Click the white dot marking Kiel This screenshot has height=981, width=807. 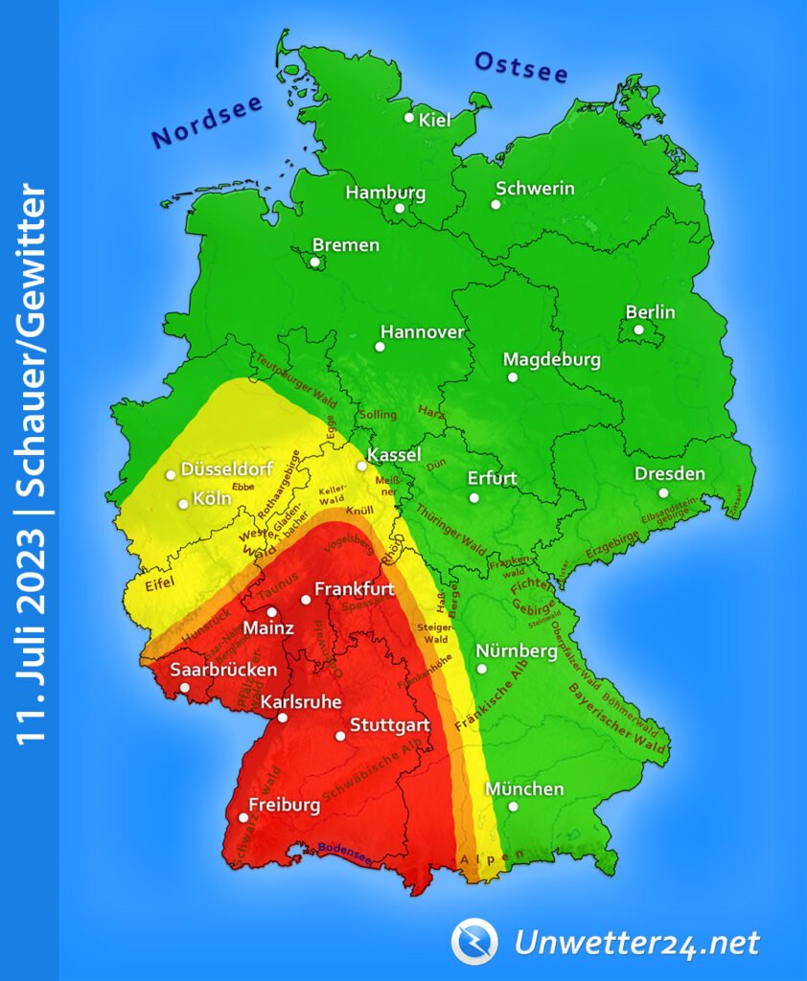(x=409, y=118)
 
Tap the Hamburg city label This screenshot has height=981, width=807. (x=385, y=193)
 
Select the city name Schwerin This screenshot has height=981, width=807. (x=535, y=188)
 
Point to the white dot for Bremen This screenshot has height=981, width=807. (x=315, y=262)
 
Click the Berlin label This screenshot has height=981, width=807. (x=650, y=312)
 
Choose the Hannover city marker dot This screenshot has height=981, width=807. (x=380, y=346)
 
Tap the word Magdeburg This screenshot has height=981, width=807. (x=552, y=360)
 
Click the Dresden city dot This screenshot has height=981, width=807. (x=663, y=492)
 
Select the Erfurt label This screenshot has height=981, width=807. (x=492, y=478)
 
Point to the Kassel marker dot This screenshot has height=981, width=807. (x=361, y=467)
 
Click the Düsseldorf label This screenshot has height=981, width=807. (x=226, y=470)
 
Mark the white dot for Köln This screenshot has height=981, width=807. (x=183, y=504)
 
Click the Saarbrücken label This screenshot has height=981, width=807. (x=223, y=670)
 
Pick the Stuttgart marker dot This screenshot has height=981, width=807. (x=340, y=736)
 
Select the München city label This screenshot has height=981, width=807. (x=524, y=789)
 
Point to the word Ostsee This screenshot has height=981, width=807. (x=521, y=67)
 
